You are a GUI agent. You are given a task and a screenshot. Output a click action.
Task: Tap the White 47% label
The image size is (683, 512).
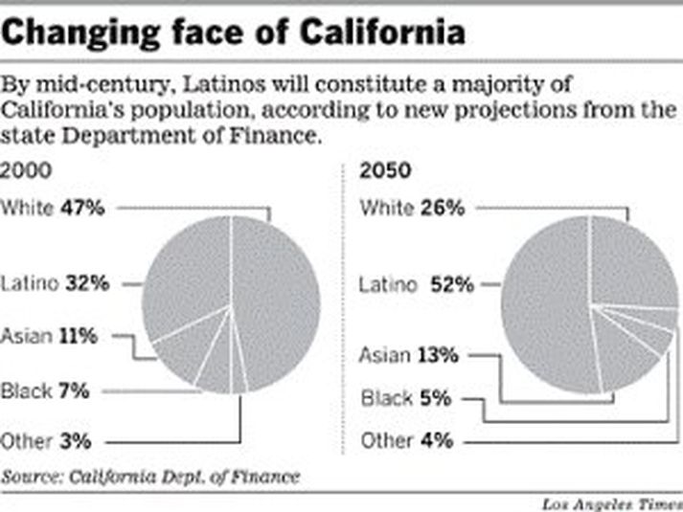[53, 207]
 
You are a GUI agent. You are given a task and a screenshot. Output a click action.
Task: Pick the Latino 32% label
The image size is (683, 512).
[56, 283]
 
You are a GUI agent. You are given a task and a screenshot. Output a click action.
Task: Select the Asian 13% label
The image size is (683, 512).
[409, 356]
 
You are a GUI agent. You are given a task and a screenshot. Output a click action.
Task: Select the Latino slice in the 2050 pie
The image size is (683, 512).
[541, 306]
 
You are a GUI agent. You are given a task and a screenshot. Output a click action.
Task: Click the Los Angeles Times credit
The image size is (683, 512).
[608, 503]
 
